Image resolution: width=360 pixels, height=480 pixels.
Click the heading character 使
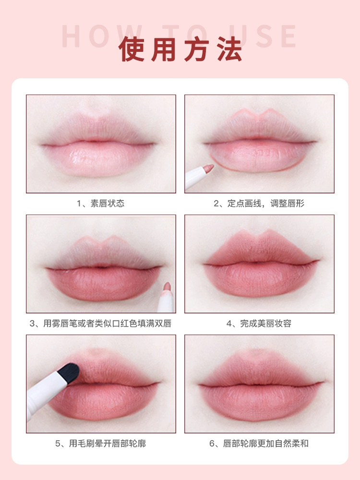(132, 49)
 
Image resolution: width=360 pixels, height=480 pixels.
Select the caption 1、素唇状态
(101, 203)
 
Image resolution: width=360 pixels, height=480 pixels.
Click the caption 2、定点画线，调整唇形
(259, 203)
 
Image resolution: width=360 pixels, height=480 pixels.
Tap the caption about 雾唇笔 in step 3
(100, 323)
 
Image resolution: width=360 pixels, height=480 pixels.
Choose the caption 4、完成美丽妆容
(259, 323)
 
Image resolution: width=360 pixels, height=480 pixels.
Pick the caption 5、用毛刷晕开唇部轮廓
(101, 443)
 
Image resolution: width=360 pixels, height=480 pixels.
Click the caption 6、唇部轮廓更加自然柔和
(259, 443)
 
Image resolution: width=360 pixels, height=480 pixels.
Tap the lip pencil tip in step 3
(167, 287)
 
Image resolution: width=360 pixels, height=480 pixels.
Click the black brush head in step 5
(69, 373)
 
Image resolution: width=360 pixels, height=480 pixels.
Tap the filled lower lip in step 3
(104, 283)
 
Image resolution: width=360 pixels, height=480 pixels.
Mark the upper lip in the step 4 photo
(261, 248)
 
